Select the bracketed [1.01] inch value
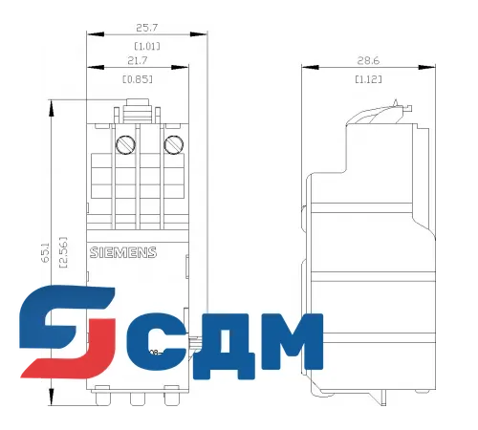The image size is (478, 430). [146, 45]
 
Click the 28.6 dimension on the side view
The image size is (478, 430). [368, 59]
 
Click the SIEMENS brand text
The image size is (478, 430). [122, 252]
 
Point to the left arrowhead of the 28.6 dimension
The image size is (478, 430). [304, 68]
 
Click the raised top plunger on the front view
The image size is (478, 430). [135, 108]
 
